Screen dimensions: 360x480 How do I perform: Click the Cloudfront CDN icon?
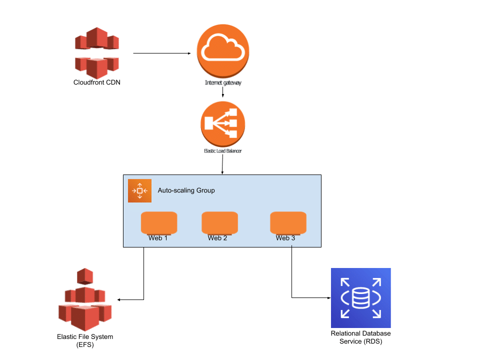97,52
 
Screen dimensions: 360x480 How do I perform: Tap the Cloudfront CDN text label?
97,82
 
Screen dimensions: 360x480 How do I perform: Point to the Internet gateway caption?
223,82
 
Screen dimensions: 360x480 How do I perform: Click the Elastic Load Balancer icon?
222,123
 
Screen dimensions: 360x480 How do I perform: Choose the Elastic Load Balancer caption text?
222,150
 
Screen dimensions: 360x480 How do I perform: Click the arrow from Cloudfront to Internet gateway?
162,53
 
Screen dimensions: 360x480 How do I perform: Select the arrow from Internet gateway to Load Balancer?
223,92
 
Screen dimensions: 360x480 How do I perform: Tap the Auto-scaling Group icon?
139,190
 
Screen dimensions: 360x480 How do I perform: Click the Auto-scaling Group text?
186,190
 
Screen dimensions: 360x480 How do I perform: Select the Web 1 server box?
158,223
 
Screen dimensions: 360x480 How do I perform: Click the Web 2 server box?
219,223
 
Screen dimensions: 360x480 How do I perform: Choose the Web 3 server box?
288,223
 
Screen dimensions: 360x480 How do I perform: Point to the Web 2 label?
217,238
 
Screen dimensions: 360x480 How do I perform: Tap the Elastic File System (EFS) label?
85,340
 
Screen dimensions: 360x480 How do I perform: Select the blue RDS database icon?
360,298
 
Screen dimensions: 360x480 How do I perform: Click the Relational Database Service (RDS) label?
360,337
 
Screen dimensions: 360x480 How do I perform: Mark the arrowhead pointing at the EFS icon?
119,300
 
